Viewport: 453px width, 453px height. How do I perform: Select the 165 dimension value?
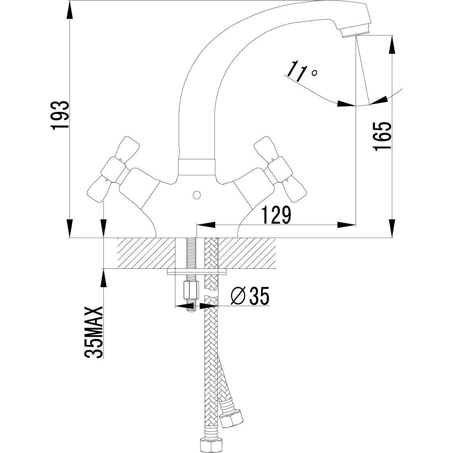(382, 137)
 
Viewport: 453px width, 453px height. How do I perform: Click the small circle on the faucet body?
(196, 195)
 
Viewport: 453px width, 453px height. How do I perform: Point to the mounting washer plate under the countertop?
(197, 272)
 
